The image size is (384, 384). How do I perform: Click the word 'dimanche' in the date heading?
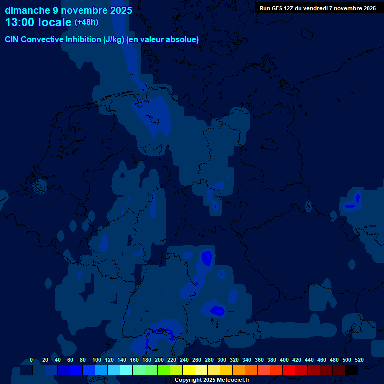tap(28, 10)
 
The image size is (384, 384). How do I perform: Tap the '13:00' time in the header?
tap(20, 22)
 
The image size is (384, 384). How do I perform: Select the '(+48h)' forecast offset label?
tap(87, 22)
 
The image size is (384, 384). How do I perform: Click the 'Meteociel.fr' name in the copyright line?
tap(229, 380)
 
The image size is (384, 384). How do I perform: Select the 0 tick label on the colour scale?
tap(31, 360)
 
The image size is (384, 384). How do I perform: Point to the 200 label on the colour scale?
tap(159, 360)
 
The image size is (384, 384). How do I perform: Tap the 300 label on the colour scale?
tap(222, 360)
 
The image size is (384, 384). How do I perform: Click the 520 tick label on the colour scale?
tap(359, 360)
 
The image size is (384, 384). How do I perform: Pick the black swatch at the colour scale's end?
tap(351, 370)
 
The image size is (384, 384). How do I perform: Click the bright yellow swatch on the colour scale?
tap(189, 370)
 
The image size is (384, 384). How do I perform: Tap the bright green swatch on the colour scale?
tap(164, 370)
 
